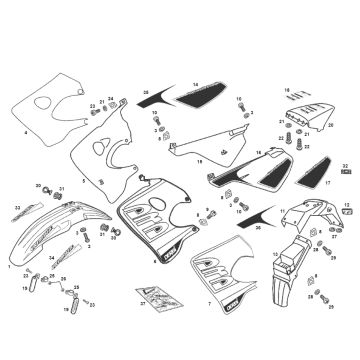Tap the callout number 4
pyautogui.click(x=25, y=132)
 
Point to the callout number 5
pyautogui.click(x=84, y=182)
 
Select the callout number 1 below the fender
pyautogui.click(x=9, y=267)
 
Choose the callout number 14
pyautogui.click(x=196, y=84)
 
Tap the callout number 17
pyautogui.click(x=329, y=184)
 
